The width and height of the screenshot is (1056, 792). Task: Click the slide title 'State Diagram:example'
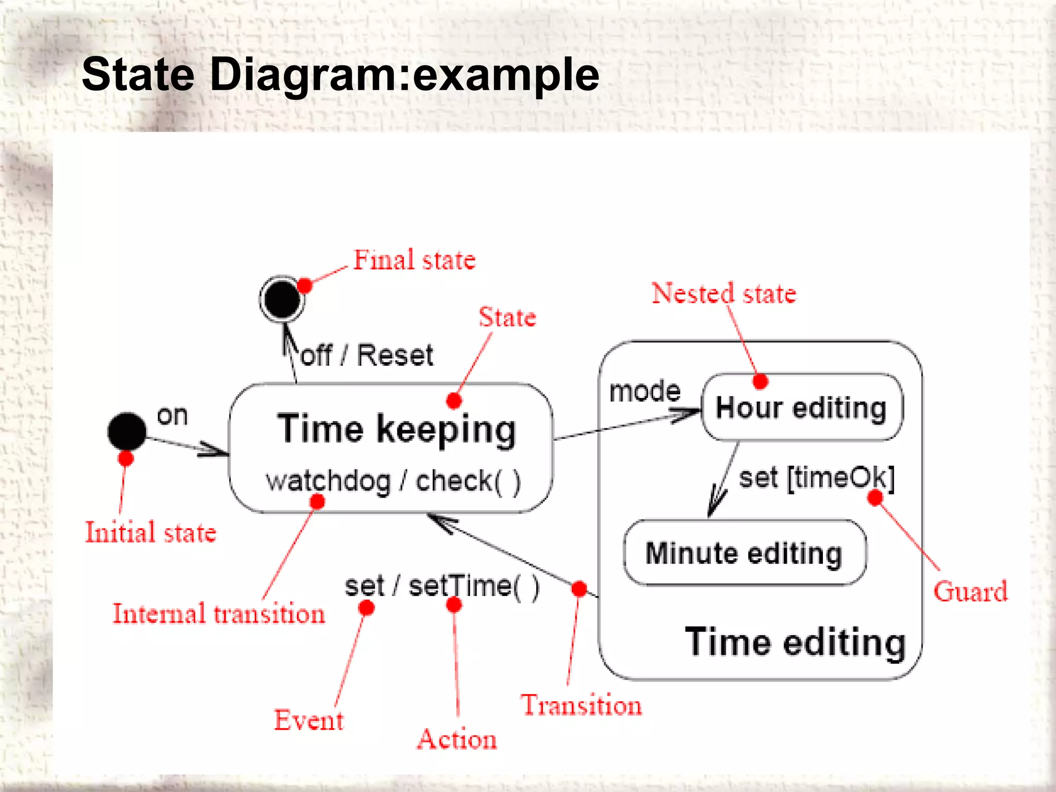pos(340,75)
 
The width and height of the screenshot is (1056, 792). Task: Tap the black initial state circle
pos(127,432)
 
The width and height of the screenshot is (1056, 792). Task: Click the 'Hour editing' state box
pos(802,407)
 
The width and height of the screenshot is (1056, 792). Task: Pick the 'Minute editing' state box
pos(744,553)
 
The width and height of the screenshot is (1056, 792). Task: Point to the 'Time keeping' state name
pos(396,429)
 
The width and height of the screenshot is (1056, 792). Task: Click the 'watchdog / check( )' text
pos(393,481)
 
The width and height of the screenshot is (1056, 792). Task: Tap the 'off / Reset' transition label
pos(367,355)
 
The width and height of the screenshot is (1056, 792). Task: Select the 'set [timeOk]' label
pos(816,477)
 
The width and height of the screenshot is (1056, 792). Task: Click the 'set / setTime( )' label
pos(442,586)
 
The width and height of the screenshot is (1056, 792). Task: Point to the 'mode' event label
pos(645,391)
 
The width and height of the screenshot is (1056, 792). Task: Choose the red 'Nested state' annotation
pos(724,293)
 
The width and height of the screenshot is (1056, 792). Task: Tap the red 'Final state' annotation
pos(414,260)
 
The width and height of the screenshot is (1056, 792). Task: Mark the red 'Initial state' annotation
pos(151,532)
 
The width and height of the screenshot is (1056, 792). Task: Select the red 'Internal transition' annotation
pos(219,614)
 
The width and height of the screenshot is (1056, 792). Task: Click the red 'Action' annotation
pos(457,739)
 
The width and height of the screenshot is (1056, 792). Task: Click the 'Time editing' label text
pos(795,642)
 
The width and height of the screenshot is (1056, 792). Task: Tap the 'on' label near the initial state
pos(172,416)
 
